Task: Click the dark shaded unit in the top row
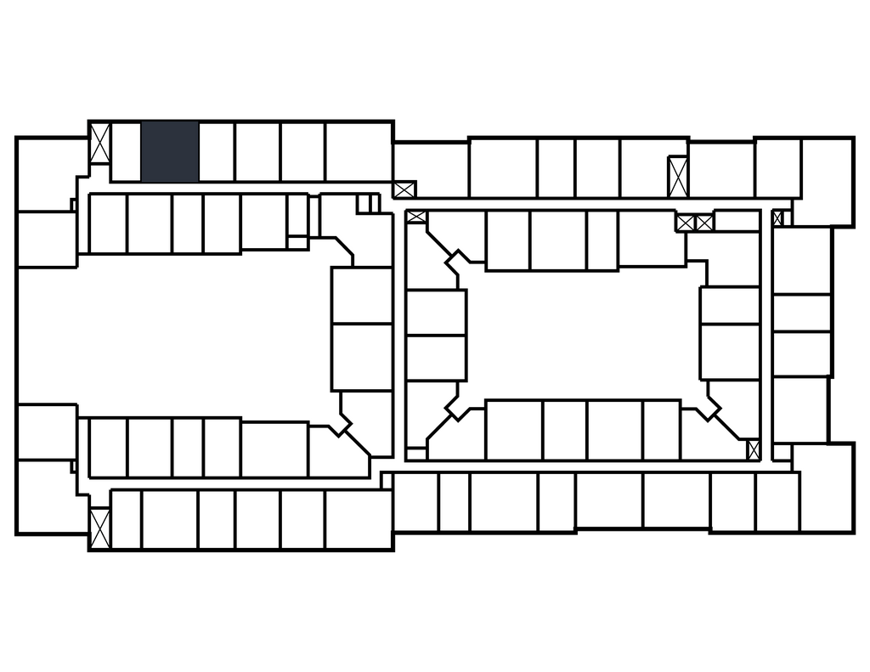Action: click(170, 151)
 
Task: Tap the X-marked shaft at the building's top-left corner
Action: click(100, 144)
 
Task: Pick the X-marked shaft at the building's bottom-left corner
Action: click(100, 528)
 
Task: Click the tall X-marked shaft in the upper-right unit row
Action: click(677, 177)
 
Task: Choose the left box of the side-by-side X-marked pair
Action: click(686, 223)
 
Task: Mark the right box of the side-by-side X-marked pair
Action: click(704, 223)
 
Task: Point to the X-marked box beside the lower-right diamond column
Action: click(753, 449)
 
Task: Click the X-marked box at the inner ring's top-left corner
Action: click(416, 217)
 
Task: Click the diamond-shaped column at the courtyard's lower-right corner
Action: click(709, 407)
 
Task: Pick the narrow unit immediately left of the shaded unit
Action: click(126, 151)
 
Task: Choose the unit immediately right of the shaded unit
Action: click(217, 151)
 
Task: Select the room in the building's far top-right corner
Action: click(826, 180)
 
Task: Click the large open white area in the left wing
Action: click(170, 336)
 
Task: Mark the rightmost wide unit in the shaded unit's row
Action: click(358, 151)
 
